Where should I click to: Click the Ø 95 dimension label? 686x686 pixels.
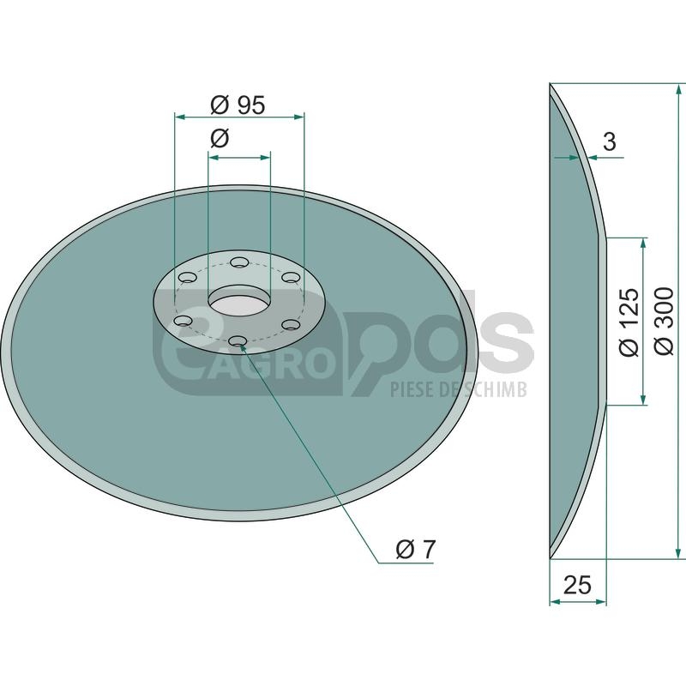pyautogui.click(x=238, y=105)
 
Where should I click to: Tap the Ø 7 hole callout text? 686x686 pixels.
pyautogui.click(x=416, y=549)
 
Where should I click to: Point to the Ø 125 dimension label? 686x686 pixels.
pyautogui.click(x=629, y=321)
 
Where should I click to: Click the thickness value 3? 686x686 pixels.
pyautogui.click(x=609, y=141)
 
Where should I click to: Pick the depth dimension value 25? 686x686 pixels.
pyautogui.click(x=577, y=585)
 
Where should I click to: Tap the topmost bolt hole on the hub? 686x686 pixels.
pyautogui.click(x=239, y=262)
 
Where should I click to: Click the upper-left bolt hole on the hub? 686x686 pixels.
pyautogui.click(x=187, y=277)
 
